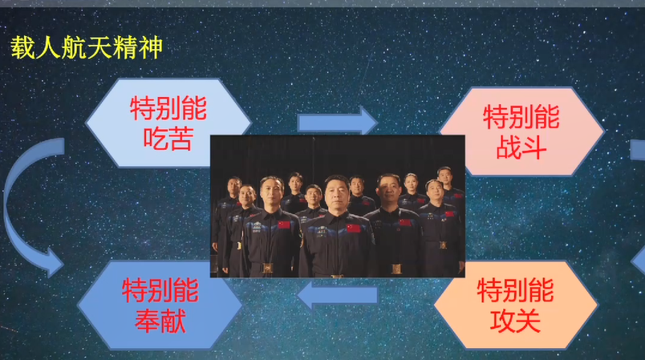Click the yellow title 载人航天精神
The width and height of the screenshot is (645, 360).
click(x=87, y=47)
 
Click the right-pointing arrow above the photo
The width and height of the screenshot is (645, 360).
click(x=337, y=122)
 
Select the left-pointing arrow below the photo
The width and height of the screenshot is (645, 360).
click(x=337, y=295)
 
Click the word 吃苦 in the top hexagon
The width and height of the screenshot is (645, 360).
click(x=168, y=139)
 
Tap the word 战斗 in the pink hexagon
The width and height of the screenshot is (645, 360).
click(x=521, y=147)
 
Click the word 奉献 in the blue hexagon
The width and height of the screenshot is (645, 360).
click(x=160, y=321)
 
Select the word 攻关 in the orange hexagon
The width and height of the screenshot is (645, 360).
click(x=515, y=321)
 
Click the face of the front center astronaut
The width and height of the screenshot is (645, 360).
click(x=335, y=193)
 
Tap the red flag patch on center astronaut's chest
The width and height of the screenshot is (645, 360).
click(x=353, y=228)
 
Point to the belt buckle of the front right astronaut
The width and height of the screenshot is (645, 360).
click(x=396, y=269)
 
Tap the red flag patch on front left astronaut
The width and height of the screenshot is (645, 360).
click(x=284, y=224)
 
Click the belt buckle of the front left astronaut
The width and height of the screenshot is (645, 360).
click(x=266, y=269)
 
